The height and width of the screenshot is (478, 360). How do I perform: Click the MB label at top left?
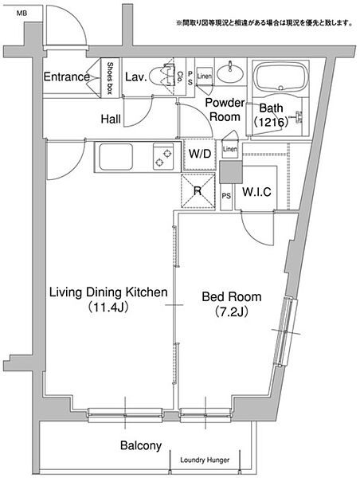coord(22,13)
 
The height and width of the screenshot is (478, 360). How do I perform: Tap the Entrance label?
coord(67,76)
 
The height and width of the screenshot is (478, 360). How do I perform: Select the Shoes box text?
coord(110,78)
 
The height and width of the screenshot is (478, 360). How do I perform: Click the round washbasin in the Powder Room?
coord(230,73)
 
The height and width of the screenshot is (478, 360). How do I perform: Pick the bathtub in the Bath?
coord(280,76)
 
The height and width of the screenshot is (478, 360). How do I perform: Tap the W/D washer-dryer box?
coord(200,154)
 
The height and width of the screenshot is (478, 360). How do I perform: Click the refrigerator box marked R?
coord(198,191)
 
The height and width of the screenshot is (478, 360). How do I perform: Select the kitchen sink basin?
coord(115,157)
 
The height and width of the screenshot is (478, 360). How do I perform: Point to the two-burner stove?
coord(163,156)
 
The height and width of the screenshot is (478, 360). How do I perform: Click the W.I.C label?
coord(256,192)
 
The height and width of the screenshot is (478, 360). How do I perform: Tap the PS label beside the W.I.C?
coord(226,196)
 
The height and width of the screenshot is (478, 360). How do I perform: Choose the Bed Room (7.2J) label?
coord(232,304)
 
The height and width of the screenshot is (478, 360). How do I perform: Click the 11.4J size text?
coord(108,308)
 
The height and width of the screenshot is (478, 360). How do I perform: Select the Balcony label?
coord(141,445)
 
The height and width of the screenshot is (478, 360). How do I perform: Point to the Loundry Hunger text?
coord(205,460)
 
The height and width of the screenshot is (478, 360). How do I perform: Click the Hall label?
coord(111,119)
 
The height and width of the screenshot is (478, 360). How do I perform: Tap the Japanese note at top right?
coord(264,22)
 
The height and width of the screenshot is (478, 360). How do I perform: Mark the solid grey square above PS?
coord(231,172)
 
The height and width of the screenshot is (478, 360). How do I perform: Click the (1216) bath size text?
coord(271,122)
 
